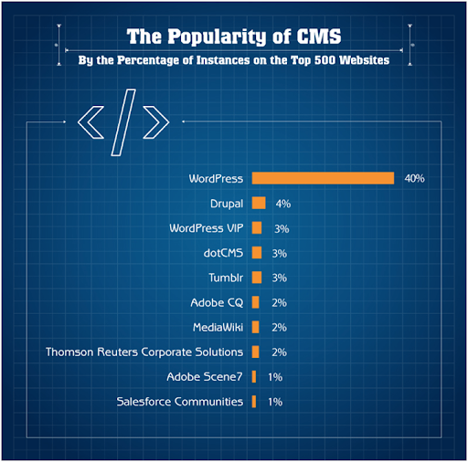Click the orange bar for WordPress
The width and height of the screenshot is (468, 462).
tap(323, 178)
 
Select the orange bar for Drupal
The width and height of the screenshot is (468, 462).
tap(259, 203)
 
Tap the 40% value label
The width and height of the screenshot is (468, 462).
tap(414, 178)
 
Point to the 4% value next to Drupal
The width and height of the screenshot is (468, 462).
tap(283, 204)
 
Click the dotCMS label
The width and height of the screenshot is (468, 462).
tap(223, 253)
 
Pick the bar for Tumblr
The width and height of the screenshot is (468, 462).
tap(257, 278)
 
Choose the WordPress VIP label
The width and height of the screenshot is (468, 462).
tap(207, 228)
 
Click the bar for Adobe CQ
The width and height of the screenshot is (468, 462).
tap(256, 302)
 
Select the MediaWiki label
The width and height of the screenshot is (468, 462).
tap(218, 327)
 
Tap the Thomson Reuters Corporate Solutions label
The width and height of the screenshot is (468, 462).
tap(144, 352)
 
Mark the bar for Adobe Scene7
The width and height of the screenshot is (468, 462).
tap(254, 376)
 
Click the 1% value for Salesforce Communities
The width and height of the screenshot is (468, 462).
tap(275, 402)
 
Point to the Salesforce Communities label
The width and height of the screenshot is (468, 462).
tap(180, 402)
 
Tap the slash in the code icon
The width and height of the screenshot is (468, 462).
tap(123, 122)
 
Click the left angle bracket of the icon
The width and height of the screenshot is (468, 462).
tap(90, 122)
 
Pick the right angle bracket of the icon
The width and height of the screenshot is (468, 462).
tap(156, 122)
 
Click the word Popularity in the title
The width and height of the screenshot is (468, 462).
tap(218, 37)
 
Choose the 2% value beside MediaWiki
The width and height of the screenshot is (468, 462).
tap(279, 328)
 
